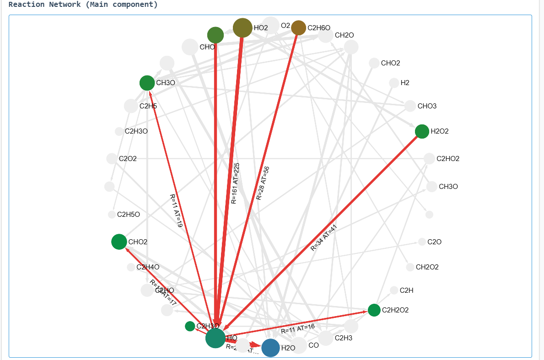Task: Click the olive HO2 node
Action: click(x=242, y=27)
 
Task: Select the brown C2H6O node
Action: click(x=299, y=27)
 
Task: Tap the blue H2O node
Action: click(x=271, y=348)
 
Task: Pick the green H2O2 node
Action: click(x=422, y=131)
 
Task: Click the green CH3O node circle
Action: click(x=147, y=83)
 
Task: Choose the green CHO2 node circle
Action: click(x=119, y=242)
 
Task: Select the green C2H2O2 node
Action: click(x=374, y=310)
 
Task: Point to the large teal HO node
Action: click(x=215, y=338)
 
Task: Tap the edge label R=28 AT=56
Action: click(x=263, y=183)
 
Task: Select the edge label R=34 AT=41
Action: click(x=324, y=237)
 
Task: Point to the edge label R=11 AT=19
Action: click(x=176, y=210)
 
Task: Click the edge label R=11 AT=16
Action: click(x=298, y=329)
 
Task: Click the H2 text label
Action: click(x=405, y=83)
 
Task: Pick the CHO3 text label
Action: click(x=427, y=106)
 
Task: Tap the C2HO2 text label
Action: click(x=447, y=159)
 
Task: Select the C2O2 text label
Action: click(x=128, y=159)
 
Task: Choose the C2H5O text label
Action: click(x=129, y=215)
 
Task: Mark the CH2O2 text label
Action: click(x=427, y=267)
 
